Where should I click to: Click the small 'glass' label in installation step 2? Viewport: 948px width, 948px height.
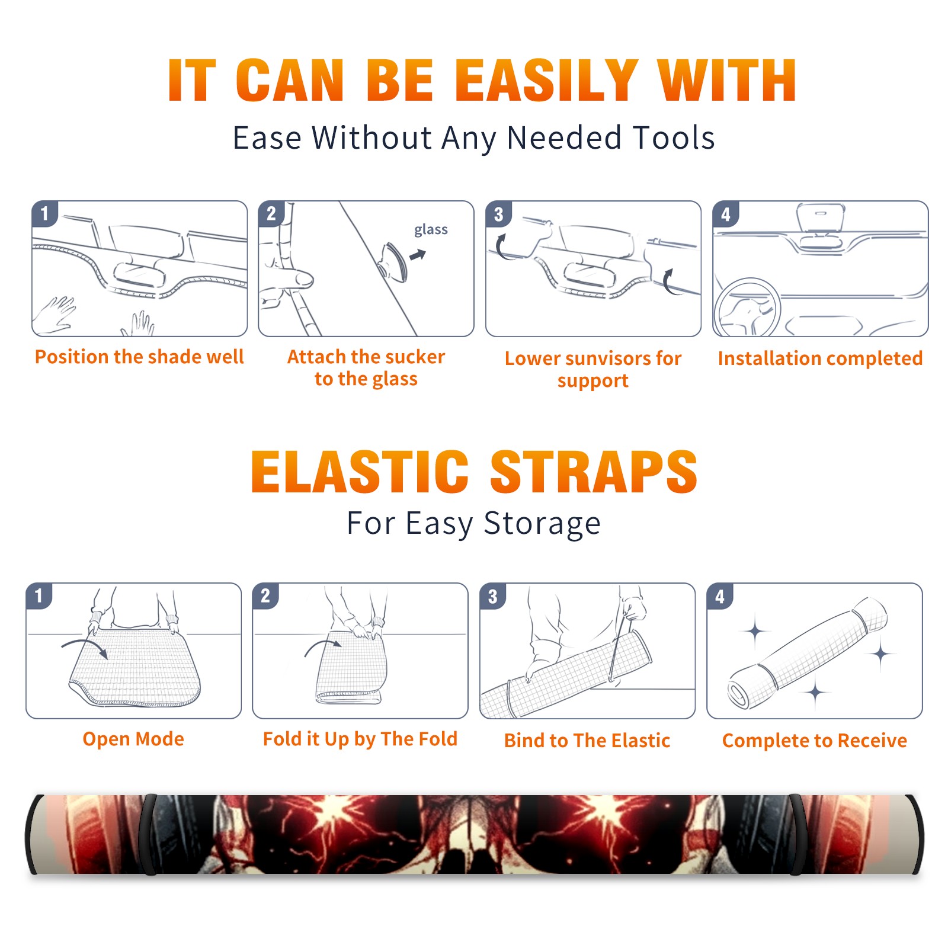[431, 230]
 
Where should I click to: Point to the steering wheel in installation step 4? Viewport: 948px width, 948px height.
[747, 308]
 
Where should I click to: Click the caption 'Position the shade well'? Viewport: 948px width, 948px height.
[139, 357]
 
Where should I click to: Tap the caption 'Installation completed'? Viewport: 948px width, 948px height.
[820, 358]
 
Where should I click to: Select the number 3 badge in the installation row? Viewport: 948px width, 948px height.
[498, 214]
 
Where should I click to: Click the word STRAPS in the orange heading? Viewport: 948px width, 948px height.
[594, 472]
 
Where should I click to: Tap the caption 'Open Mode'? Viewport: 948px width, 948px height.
[133, 739]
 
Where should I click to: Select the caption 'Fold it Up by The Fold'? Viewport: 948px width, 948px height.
[360, 739]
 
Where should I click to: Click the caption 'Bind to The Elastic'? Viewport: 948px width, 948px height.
[587, 741]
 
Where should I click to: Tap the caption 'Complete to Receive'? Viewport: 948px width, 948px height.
[814, 741]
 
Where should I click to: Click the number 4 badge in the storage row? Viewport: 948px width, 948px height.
[720, 596]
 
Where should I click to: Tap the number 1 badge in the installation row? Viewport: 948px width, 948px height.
[44, 213]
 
